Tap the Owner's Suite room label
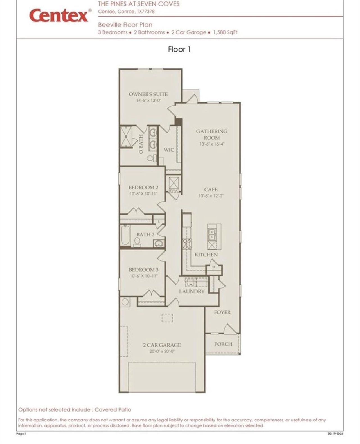pos(148,94)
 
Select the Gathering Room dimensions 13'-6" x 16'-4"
pos(212,144)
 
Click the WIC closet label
pos(169,150)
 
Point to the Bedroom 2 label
pos(143,188)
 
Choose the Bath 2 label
pos(145,235)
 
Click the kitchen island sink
pos(211,234)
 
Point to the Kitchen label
pos(206,255)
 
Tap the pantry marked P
pos(213,268)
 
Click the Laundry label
pos(192,291)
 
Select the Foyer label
pos(222,312)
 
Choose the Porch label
pos(223,344)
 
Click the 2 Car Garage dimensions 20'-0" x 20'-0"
pos(162,351)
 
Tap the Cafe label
pos(211,189)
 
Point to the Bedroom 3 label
pos(143,270)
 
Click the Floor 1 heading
pos(179,49)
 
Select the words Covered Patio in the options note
pos(113,410)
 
